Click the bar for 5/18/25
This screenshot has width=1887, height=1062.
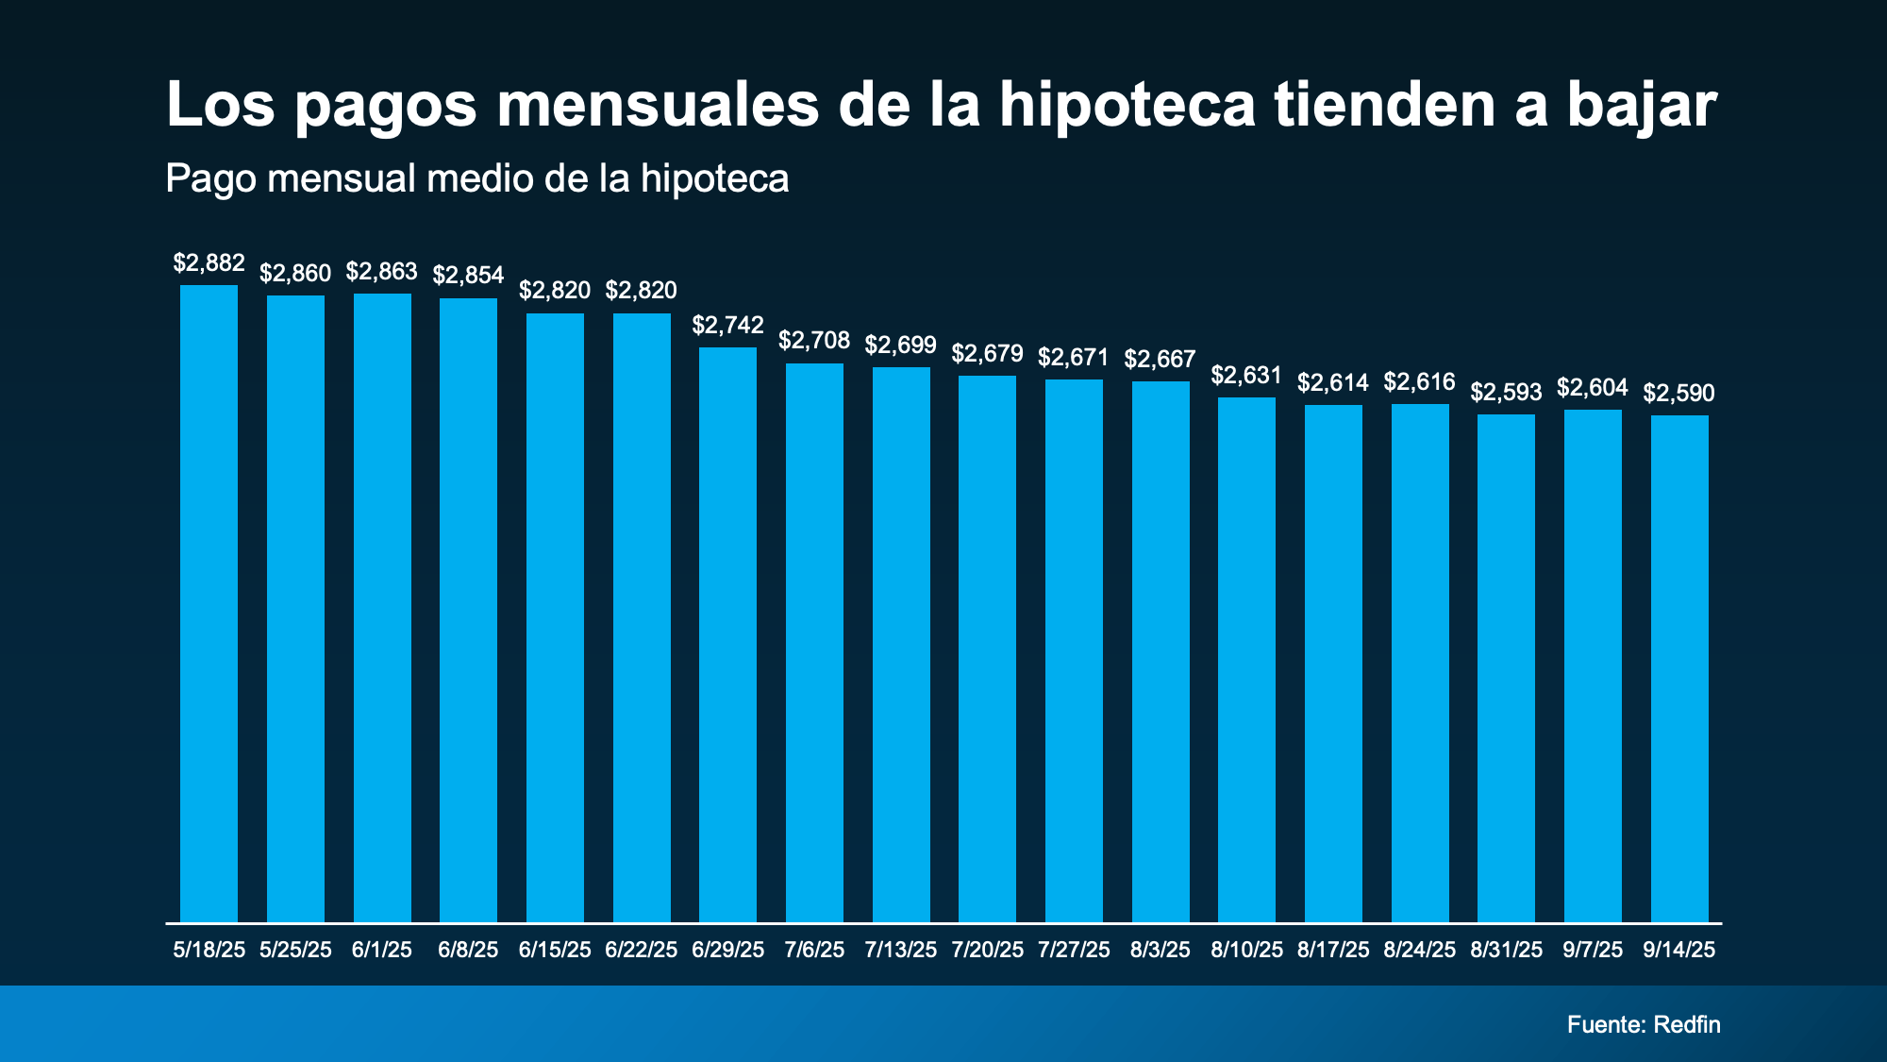[209, 604]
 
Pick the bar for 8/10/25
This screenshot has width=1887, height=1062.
[1246, 660]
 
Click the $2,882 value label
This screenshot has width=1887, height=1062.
[209, 263]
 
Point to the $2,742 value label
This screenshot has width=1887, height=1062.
[727, 326]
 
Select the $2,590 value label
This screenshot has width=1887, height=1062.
[1679, 394]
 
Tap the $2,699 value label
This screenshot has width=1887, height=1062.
[901, 346]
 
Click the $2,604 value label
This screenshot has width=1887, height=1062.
[1593, 388]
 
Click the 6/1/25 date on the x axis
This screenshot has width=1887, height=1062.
[382, 950]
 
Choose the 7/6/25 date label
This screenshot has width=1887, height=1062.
[814, 950]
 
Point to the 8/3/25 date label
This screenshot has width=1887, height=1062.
[1161, 950]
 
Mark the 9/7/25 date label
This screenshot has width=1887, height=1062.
[1593, 950]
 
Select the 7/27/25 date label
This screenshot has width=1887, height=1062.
[1074, 950]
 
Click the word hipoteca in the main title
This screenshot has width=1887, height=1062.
[1127, 106]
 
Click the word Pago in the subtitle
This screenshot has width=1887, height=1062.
[210, 179]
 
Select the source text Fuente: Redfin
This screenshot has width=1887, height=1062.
[1644, 1025]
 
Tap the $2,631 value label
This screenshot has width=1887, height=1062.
[1246, 376]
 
